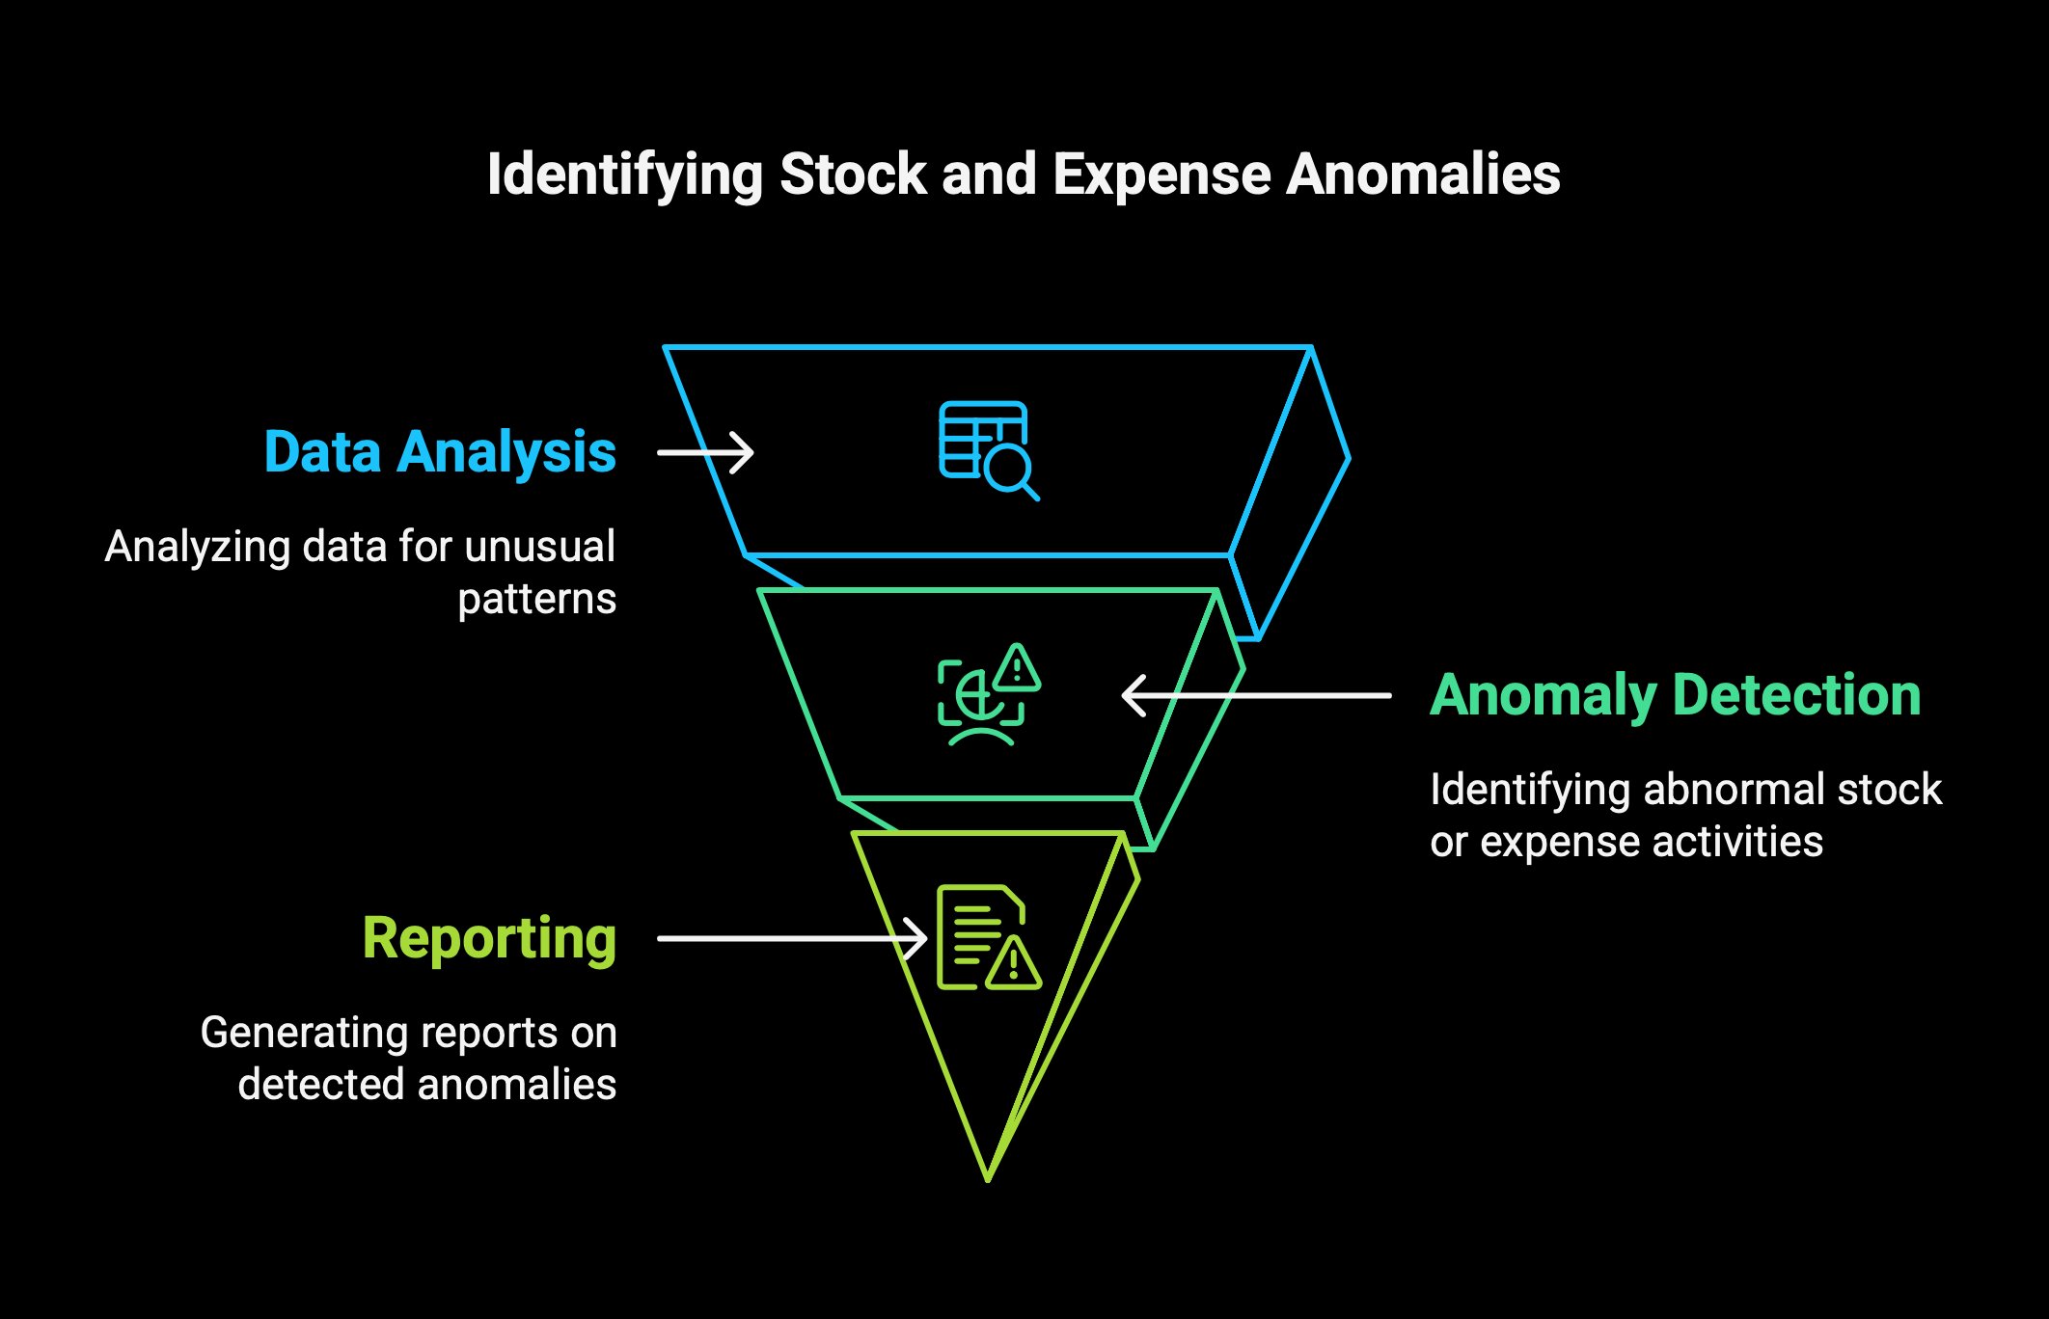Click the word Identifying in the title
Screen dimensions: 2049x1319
coord(625,175)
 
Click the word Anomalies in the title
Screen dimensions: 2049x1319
coord(1424,175)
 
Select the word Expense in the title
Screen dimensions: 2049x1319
coord(1161,175)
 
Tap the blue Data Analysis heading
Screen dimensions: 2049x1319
coord(440,452)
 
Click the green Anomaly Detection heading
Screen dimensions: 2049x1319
coord(1676,695)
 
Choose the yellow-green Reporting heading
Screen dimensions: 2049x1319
coord(490,939)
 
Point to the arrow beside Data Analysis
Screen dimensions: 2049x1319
coord(705,452)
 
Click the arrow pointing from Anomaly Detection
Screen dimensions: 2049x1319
coord(1256,695)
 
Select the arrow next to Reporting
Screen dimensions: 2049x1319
coord(792,938)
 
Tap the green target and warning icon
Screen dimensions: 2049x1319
coord(989,694)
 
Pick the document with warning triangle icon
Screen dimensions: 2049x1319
coord(989,937)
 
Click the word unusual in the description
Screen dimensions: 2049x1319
coord(539,547)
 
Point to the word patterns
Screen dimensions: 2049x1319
coord(536,600)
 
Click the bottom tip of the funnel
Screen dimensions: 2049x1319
coord(988,1180)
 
